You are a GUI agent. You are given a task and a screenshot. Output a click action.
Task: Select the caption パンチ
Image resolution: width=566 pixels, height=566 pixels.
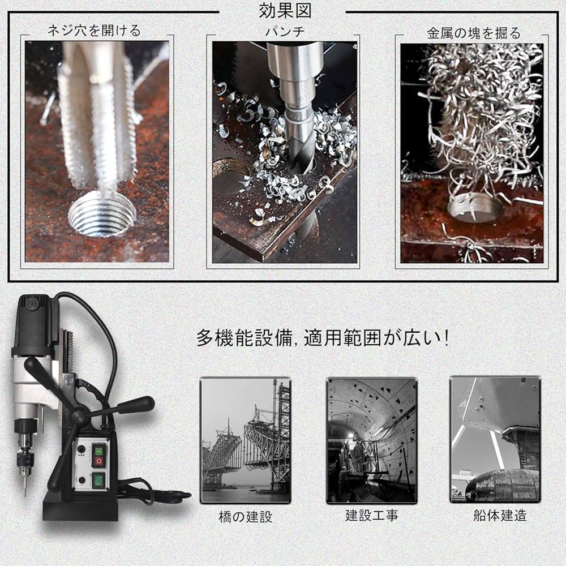285,32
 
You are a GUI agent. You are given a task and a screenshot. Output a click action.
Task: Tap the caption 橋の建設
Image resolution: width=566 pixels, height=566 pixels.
245,516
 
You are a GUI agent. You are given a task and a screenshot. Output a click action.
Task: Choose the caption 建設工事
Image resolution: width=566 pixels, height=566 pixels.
371,515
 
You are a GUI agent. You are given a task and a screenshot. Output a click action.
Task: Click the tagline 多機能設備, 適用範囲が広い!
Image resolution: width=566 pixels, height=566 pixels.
323,338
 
